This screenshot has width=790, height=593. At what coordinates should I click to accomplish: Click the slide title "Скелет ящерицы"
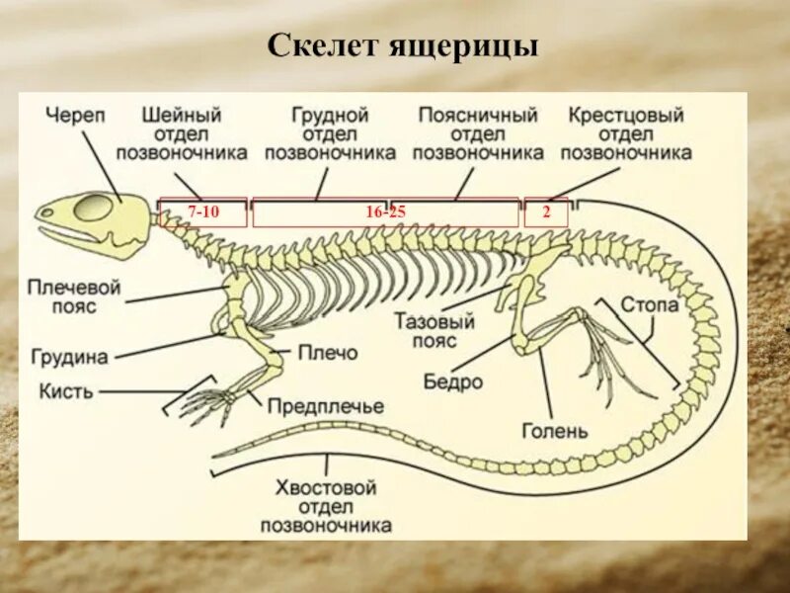(403, 46)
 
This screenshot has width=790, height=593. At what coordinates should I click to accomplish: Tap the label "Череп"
(74, 116)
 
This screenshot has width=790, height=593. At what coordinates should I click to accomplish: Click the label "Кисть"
(67, 390)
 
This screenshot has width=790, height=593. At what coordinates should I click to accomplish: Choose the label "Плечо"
(327, 352)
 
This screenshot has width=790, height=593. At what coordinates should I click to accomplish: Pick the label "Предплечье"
(325, 406)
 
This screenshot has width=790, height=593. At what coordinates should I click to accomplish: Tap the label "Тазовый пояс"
(434, 331)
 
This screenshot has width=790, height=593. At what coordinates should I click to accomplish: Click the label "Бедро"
(453, 381)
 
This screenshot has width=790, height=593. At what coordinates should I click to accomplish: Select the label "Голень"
(555, 431)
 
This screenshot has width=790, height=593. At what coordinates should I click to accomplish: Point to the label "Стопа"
(650, 304)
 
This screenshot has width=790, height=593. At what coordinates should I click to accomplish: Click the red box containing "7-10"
(203, 212)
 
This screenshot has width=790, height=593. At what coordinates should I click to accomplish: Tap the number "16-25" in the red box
(386, 212)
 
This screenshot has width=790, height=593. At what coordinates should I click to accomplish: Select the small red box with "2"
(546, 212)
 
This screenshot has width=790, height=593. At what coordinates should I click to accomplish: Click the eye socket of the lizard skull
(95, 208)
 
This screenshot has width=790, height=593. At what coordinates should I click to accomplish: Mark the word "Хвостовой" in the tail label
(325, 487)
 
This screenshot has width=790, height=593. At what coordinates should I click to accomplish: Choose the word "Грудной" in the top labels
(331, 116)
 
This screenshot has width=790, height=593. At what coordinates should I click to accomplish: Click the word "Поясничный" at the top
(478, 116)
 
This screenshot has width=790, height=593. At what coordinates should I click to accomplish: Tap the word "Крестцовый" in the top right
(626, 116)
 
